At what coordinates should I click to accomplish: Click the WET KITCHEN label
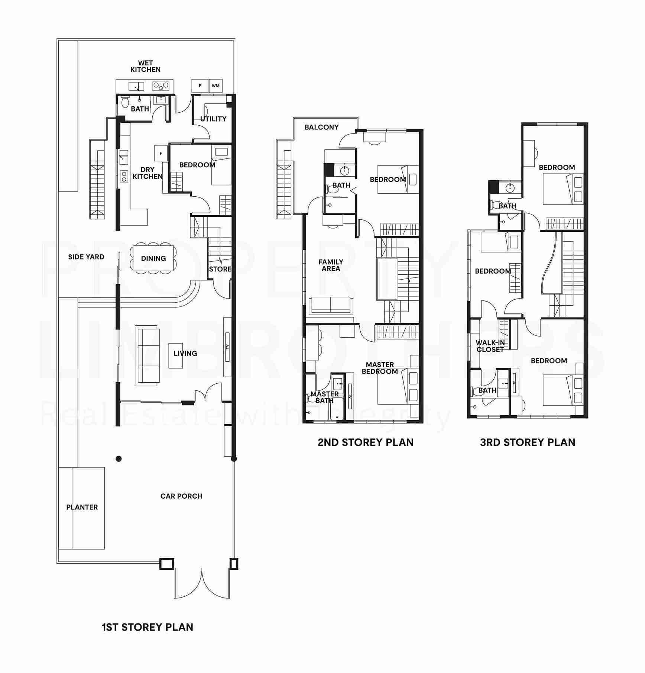click(x=146, y=66)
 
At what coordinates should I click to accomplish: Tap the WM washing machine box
click(x=215, y=86)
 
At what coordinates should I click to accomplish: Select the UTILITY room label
click(x=213, y=119)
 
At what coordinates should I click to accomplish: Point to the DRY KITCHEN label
click(x=148, y=173)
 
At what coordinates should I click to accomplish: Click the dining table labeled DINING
click(x=153, y=258)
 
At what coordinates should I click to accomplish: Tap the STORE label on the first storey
click(x=220, y=269)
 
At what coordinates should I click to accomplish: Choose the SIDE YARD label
click(x=86, y=257)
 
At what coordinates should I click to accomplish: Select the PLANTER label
click(x=82, y=507)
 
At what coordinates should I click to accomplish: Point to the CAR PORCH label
click(x=181, y=496)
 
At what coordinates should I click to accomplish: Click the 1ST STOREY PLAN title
click(x=148, y=627)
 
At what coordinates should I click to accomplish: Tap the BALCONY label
click(x=321, y=127)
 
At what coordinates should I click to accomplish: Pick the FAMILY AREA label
click(x=331, y=265)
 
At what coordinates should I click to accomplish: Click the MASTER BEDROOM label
click(x=380, y=368)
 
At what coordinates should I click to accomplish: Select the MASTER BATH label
click(x=324, y=397)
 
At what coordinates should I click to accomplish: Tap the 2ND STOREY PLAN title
click(x=366, y=442)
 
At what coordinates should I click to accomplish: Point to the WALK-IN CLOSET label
click(x=490, y=346)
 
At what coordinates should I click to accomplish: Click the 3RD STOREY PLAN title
click(x=528, y=442)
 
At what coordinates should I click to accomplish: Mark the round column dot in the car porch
click(x=119, y=459)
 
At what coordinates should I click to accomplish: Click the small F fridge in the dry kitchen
click(x=161, y=153)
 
